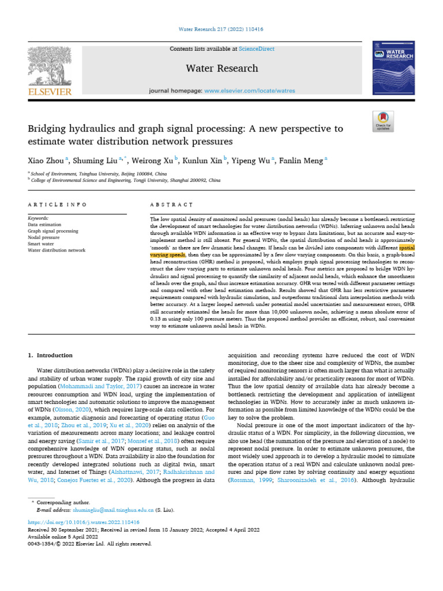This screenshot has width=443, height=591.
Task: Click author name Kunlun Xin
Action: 207,160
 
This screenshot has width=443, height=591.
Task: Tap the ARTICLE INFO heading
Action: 58,205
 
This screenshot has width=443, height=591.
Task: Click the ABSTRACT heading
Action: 171,205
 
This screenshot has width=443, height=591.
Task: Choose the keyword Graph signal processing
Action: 53,231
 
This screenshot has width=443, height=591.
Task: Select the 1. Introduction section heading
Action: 51,356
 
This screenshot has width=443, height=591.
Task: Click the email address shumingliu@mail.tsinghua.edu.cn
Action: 112,510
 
